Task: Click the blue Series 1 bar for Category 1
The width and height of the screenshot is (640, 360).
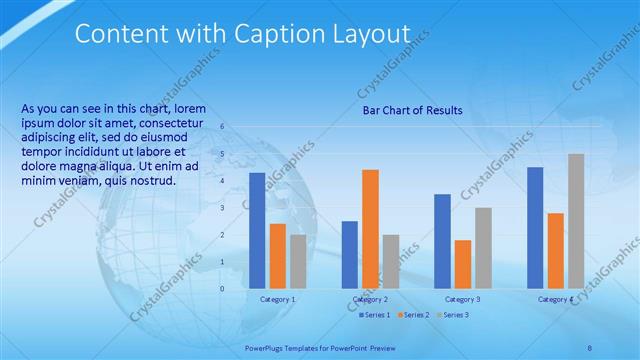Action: pos(257,231)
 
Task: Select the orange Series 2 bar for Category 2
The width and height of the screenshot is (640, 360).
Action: pos(370,229)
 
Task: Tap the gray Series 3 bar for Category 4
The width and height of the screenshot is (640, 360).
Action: pos(576,221)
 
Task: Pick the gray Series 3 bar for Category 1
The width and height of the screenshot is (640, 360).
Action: pos(298,261)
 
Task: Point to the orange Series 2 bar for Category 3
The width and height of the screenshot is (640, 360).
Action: pos(463,264)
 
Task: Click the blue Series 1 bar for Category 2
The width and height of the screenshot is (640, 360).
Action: pos(349,255)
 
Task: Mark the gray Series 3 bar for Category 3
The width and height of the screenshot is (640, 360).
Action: pos(483,248)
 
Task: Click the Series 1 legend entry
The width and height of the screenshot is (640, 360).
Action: pos(374,315)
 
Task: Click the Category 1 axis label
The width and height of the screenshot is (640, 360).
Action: pos(277,299)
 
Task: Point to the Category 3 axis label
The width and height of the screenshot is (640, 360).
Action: pos(462,299)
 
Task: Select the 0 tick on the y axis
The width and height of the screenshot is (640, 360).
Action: pos(222,288)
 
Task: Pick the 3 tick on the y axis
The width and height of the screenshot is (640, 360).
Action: pos(222,207)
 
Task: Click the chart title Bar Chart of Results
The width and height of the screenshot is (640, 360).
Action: pos(412,110)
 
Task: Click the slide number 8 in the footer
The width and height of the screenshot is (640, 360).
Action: pos(589,347)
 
